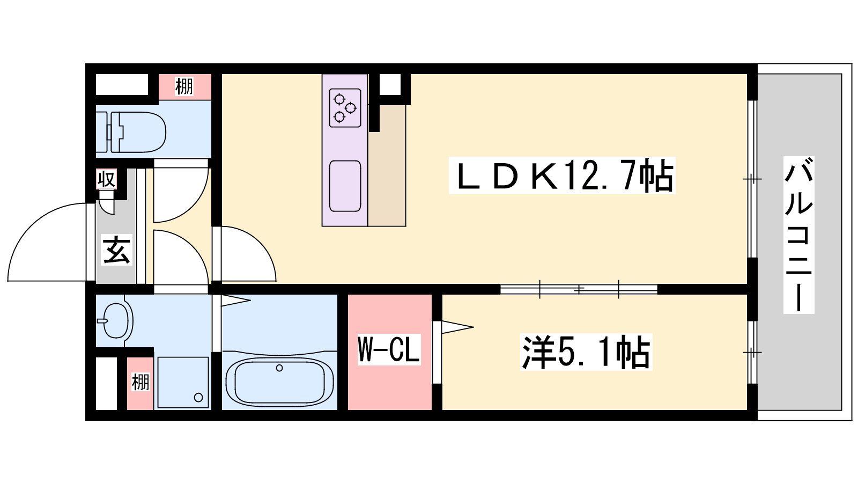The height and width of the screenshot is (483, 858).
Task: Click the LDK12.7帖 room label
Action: (x=562, y=175)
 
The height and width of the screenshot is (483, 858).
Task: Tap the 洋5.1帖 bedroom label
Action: (x=586, y=352)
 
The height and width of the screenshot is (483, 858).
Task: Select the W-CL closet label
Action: (x=389, y=349)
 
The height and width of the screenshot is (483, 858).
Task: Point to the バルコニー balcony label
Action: (x=798, y=235)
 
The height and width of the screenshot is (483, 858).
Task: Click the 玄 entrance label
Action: (x=116, y=250)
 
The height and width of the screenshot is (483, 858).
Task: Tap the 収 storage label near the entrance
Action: (x=106, y=179)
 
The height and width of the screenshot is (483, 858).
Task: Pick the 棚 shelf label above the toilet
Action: (x=184, y=86)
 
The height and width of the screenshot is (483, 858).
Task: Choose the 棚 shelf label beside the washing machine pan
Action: (x=140, y=382)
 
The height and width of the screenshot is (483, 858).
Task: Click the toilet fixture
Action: (x=131, y=132)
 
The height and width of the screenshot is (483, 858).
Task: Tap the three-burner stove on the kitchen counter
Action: (x=345, y=108)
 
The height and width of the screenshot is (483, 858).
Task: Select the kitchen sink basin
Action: (x=345, y=186)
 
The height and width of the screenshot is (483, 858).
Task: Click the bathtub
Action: (x=279, y=382)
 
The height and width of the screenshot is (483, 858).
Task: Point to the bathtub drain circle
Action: (x=279, y=368)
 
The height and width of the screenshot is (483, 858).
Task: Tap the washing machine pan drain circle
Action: (x=198, y=397)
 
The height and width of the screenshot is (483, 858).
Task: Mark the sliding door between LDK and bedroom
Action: (x=579, y=289)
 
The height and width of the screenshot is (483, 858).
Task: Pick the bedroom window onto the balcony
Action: (x=752, y=352)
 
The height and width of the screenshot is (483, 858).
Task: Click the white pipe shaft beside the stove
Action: (x=390, y=84)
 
